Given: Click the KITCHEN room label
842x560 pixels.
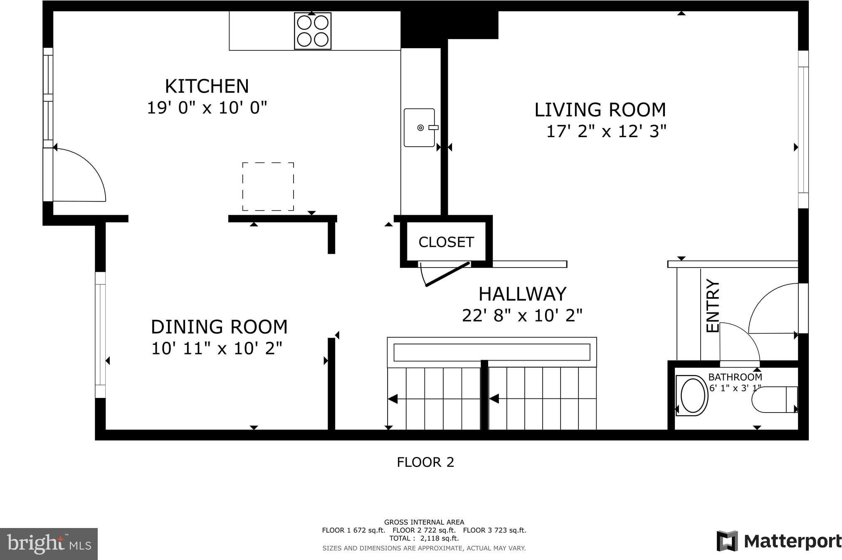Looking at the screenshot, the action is point(207,86).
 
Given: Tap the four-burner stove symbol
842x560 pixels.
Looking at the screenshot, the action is point(313,31).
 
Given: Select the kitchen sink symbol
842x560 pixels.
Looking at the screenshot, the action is point(420,128).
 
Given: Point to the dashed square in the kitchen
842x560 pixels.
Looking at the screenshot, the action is point(268,187).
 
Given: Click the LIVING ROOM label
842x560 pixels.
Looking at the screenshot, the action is point(600,110).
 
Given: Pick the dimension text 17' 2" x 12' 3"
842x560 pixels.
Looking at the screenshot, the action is point(606,131).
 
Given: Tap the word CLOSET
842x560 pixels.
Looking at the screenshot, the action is point(446,242).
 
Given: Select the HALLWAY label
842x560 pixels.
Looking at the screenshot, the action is point(522,294).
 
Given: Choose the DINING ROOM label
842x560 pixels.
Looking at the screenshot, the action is point(219,327).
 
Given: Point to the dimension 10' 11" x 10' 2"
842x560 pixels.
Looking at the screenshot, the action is point(217,348).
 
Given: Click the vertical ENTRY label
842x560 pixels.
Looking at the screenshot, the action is point(713,306).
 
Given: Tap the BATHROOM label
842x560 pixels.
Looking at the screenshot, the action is point(735,377).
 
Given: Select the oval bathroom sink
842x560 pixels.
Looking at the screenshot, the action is point(692,395).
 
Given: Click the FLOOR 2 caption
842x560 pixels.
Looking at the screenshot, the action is point(425,462).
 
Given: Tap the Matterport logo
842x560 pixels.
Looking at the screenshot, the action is point(779,541).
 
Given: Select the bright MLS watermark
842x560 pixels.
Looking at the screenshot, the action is point(49,544).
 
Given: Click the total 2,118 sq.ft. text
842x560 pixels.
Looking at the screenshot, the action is point(424,538).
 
